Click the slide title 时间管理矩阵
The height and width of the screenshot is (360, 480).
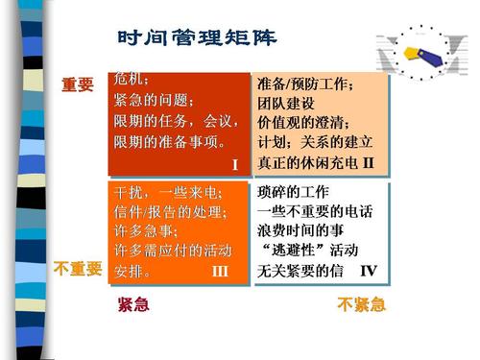point(196,39)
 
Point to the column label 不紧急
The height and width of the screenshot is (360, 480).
point(361,306)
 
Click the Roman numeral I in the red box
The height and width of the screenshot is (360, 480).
point(234,165)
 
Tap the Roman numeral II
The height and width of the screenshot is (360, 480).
point(367,159)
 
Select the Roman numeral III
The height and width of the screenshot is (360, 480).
point(219,273)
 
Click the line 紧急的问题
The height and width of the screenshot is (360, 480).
point(154,100)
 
